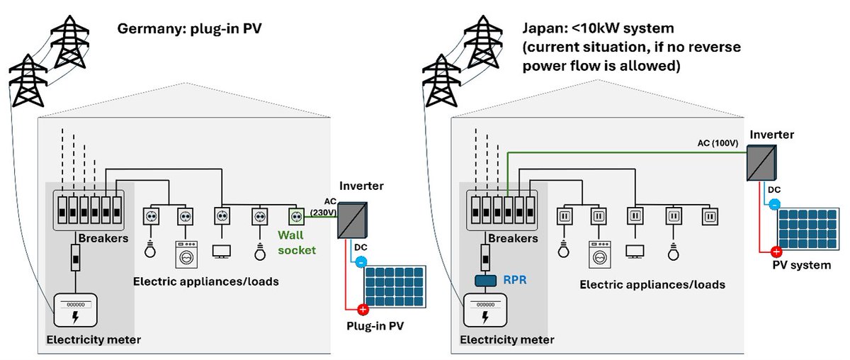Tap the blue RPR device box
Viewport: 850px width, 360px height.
tap(486, 281)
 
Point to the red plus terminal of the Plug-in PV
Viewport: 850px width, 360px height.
tap(363, 310)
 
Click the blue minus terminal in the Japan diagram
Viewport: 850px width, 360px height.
tap(774, 204)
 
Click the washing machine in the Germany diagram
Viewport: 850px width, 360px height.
tap(186, 253)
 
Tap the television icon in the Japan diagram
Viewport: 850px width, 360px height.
tap(634, 251)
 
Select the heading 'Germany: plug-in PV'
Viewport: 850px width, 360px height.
tap(186, 30)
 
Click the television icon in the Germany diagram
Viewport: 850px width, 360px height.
tap(222, 250)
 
